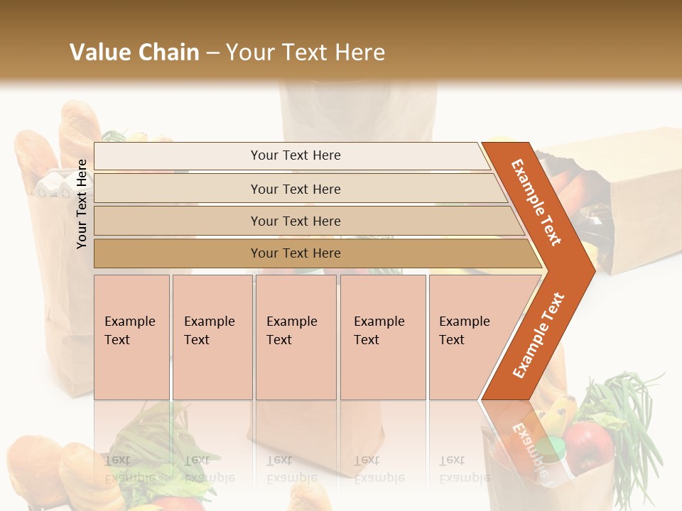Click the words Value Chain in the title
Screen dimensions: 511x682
(134, 53)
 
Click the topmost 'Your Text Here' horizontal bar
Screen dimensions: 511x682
(295, 155)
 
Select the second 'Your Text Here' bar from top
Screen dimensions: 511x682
(295, 189)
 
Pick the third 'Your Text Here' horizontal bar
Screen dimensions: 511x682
(295, 221)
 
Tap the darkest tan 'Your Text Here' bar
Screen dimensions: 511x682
(295, 253)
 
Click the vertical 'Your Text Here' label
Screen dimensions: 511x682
(82, 204)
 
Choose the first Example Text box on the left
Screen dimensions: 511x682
(131, 336)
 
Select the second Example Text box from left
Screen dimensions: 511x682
(212, 336)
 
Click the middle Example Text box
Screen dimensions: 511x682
(296, 336)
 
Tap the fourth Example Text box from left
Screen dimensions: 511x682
(383, 336)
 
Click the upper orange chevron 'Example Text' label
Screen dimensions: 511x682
(537, 202)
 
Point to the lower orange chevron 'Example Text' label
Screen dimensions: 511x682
(538, 335)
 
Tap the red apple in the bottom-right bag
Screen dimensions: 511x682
(589, 447)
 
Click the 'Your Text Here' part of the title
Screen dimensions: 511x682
(305, 53)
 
